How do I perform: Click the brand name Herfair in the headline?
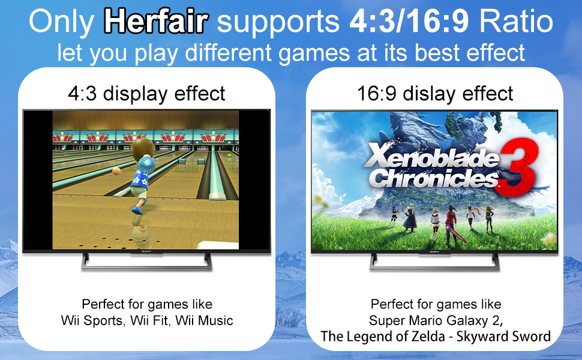[x=156, y=21]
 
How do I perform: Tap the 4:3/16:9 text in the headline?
[x=409, y=21]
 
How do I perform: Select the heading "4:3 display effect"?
[x=146, y=94]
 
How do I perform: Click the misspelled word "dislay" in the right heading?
[x=430, y=94]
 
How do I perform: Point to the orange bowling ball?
[x=116, y=171]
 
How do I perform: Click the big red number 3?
[x=517, y=167]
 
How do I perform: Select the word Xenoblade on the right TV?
[x=431, y=156]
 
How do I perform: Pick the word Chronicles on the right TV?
[x=434, y=178]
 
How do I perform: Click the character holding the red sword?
[x=451, y=224]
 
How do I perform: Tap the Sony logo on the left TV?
[x=146, y=251]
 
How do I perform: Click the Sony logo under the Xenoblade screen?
[x=434, y=251]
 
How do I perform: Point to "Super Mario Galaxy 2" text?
[x=436, y=320]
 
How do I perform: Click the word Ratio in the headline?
[x=516, y=21]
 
